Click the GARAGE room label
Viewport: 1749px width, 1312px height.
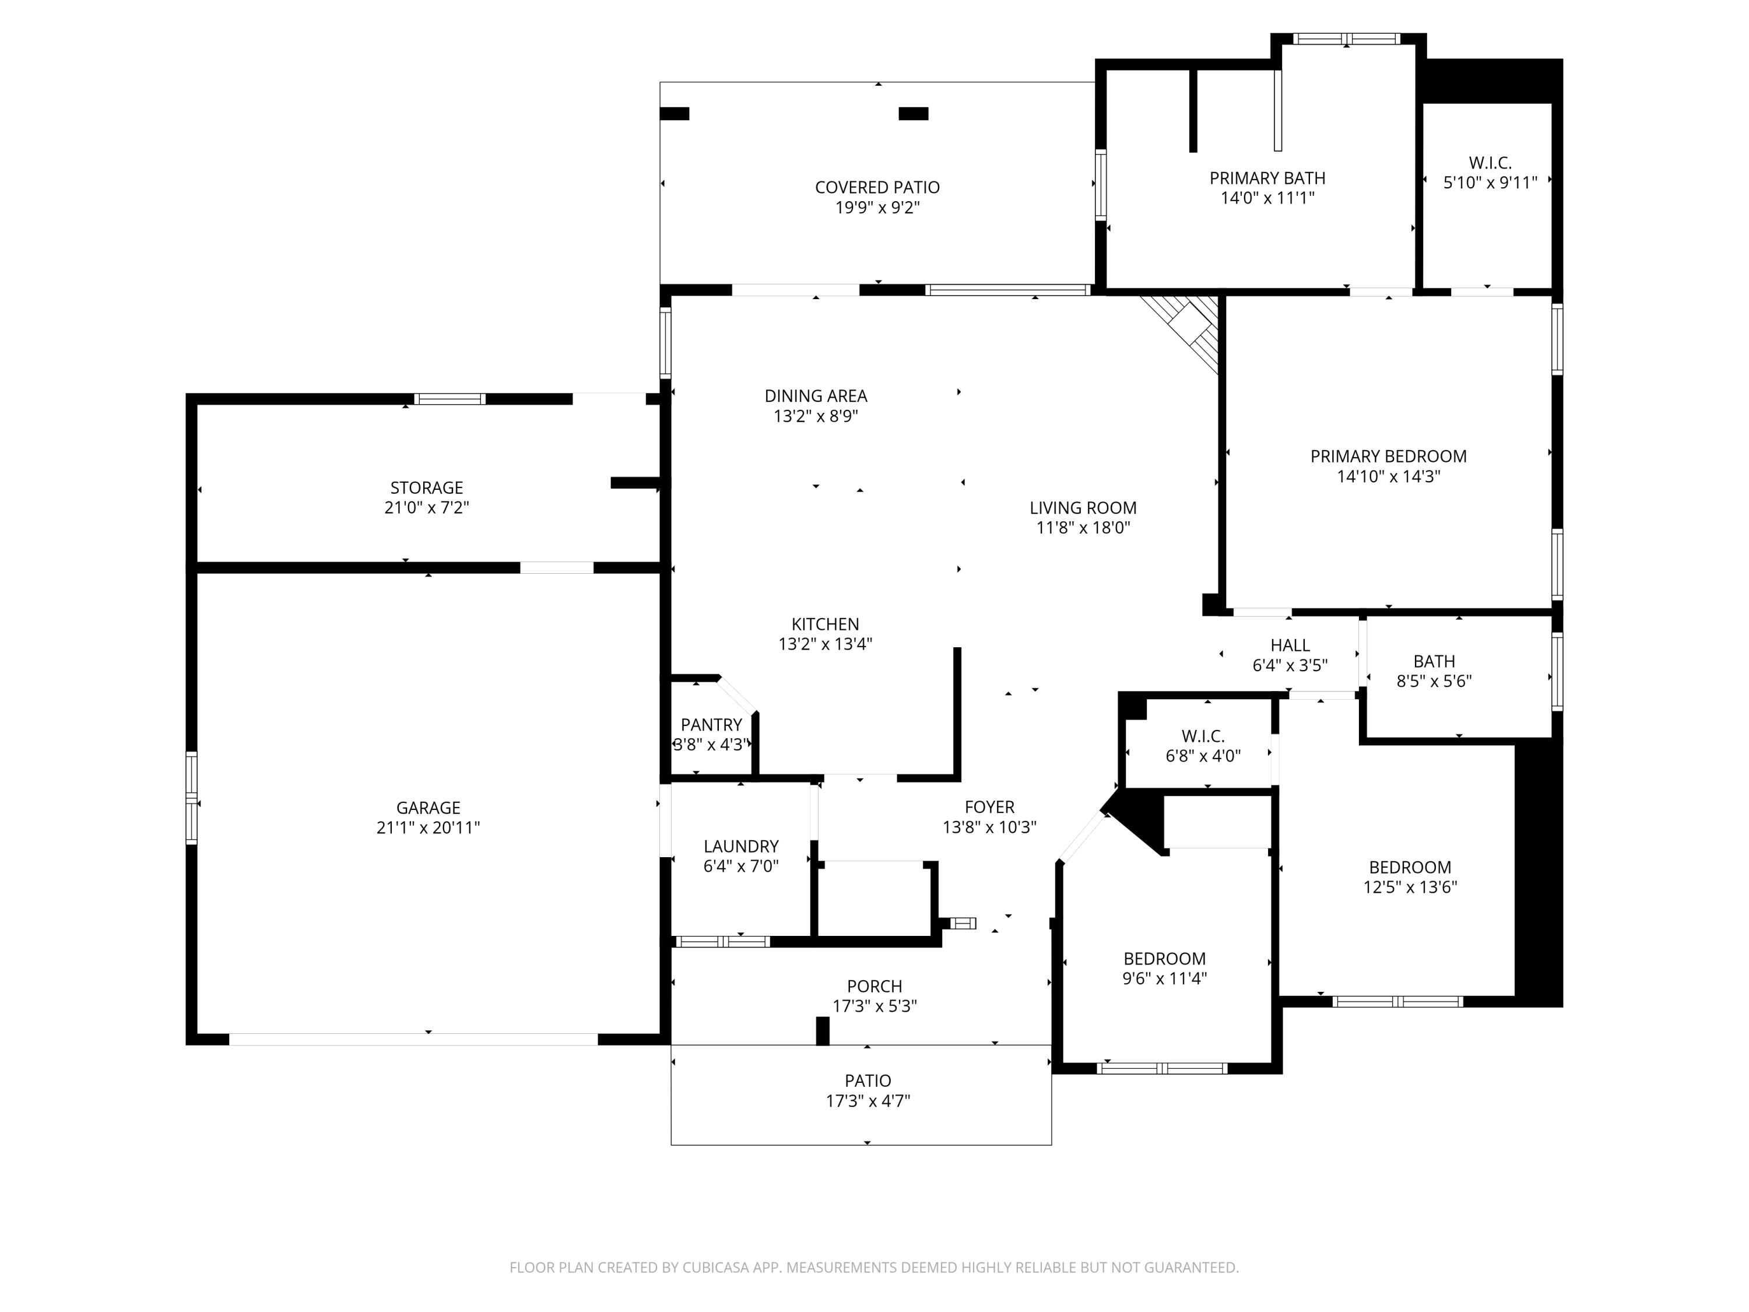[428, 808]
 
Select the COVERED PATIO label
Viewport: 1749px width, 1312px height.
[877, 187]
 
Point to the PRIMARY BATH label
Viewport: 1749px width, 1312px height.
[1267, 178]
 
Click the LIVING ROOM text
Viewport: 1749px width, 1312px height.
[1083, 508]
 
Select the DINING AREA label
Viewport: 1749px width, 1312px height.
[815, 395]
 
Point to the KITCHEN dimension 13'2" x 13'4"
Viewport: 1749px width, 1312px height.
[825, 644]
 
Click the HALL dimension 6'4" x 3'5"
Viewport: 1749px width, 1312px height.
[1289, 666]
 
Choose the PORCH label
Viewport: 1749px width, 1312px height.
[874, 986]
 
